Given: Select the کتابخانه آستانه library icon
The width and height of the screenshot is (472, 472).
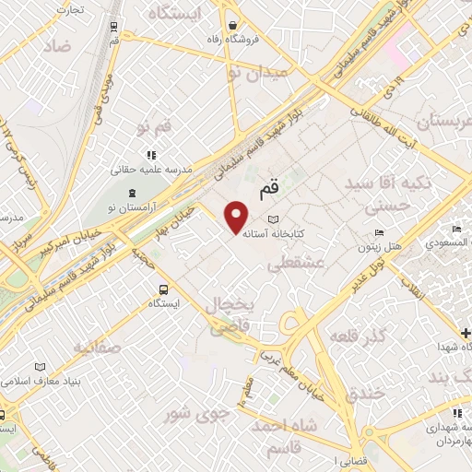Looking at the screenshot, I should coord(271,219).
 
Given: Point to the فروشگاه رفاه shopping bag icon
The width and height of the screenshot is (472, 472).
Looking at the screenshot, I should coord(234,26).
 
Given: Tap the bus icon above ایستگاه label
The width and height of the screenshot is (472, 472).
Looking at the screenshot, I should coord(163,288).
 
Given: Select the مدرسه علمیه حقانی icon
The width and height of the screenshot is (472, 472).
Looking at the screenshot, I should coord(149,156).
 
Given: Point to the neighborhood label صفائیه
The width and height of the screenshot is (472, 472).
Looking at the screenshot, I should coord(97,348).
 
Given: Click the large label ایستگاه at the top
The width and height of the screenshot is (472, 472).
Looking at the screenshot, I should coord(189,15).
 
